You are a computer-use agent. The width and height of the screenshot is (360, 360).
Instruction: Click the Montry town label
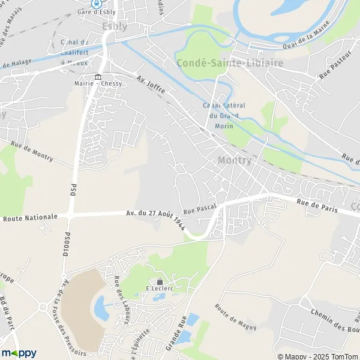[x=235, y=161]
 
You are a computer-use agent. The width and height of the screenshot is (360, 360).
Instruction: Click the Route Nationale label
[x=30, y=217]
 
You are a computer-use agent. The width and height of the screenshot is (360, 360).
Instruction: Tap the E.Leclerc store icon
[x=160, y=281]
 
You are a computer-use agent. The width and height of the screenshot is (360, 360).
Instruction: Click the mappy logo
[x=19, y=352]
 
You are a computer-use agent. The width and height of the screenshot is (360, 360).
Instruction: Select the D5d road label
[x=73, y=190]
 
